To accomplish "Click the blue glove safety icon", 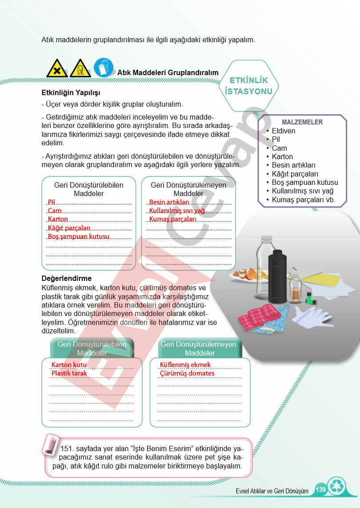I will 104,68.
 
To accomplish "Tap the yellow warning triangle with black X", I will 57,68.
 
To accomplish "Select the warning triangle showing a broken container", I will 80,68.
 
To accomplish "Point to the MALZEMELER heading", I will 302,122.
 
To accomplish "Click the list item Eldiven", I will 284,131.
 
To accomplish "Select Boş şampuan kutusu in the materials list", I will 305,182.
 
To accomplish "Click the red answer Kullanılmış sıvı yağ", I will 177,211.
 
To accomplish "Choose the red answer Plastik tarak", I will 69,373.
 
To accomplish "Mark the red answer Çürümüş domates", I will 187,373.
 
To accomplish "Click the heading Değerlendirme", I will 66,278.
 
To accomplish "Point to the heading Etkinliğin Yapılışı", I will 71,93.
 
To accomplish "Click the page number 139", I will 320,489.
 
